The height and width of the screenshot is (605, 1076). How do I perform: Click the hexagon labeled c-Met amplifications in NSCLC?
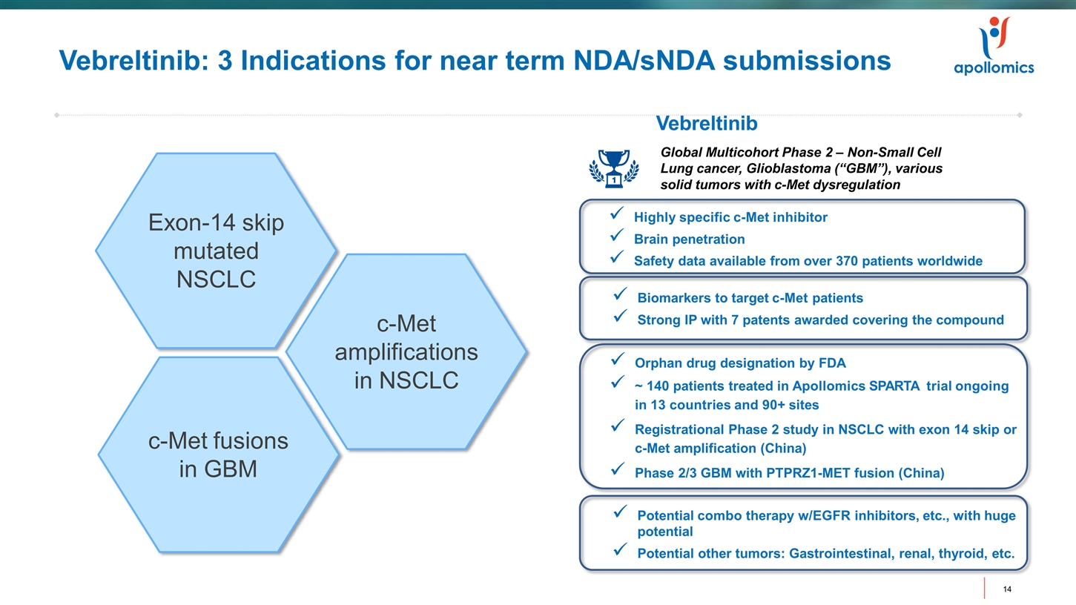pyautogui.click(x=406, y=352)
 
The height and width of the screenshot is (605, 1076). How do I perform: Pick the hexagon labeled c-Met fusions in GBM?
pyautogui.click(x=217, y=454)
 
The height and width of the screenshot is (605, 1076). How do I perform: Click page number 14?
pyautogui.click(x=1007, y=589)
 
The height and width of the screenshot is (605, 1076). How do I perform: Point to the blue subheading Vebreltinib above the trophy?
pyautogui.click(x=707, y=124)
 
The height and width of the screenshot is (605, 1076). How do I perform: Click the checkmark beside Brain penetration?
pyautogui.click(x=615, y=237)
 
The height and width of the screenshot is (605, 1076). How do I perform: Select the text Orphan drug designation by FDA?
pyautogui.click(x=739, y=363)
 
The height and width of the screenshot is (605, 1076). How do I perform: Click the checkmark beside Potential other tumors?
pyautogui.click(x=621, y=551)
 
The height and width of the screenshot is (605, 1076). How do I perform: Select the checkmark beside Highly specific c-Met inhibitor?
pyautogui.click(x=615, y=215)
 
